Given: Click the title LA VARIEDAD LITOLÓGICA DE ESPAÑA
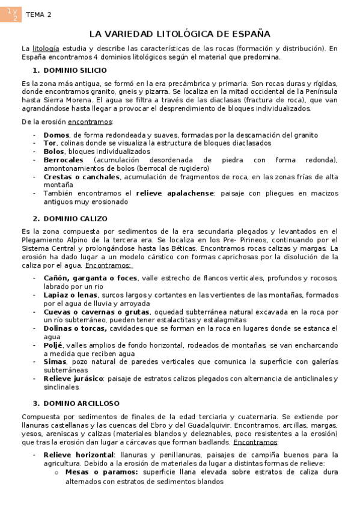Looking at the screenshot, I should click(180, 34).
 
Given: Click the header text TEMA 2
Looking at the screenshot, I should click(38, 14).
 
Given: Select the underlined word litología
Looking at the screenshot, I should click(46, 48).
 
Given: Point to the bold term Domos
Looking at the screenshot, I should click(56, 135).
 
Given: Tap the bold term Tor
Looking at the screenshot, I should click(50, 143).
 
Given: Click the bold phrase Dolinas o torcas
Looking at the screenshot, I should click(75, 328).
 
